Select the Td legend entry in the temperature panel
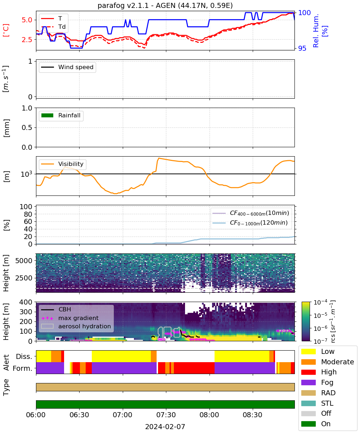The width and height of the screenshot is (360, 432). tap(53, 27)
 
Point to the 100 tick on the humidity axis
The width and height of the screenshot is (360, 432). tap(304, 13)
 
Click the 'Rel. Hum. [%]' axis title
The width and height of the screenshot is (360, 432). tap(320, 31)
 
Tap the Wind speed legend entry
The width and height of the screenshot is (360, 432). tap(67, 67)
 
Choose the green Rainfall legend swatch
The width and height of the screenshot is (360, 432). tap(48, 115)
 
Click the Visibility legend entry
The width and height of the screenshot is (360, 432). tap(62, 164)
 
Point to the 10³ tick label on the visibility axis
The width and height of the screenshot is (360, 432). tap(26, 174)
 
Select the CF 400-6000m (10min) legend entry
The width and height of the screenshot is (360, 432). tap(251, 213)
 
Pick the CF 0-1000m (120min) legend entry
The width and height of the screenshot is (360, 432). tap(250, 222)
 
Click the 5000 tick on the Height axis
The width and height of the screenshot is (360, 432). tap(24, 261)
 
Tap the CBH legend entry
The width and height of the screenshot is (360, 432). tap(56, 309)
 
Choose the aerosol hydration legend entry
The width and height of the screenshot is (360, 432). tap(76, 326)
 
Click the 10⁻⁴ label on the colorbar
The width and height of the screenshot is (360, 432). tap(320, 302)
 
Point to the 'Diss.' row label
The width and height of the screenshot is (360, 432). tap(24, 356)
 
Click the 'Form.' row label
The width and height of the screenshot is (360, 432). tap(23, 368)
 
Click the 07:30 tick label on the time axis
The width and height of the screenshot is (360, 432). tap(166, 415)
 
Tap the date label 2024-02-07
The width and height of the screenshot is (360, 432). tap(165, 427)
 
